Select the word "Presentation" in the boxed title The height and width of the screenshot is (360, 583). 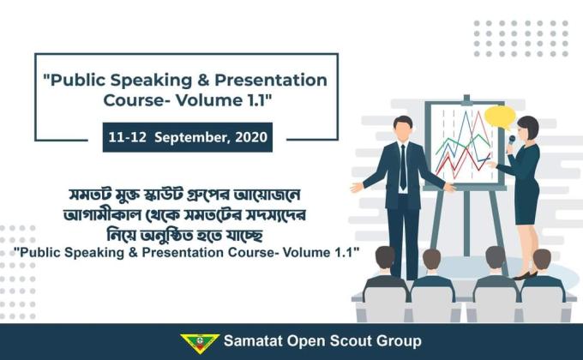click(x=277, y=81)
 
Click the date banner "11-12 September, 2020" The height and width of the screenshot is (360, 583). click(x=187, y=137)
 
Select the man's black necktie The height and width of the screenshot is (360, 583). click(x=403, y=166)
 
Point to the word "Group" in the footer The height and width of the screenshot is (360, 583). click(x=399, y=342)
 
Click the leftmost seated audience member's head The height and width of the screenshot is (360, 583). click(x=385, y=258)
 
